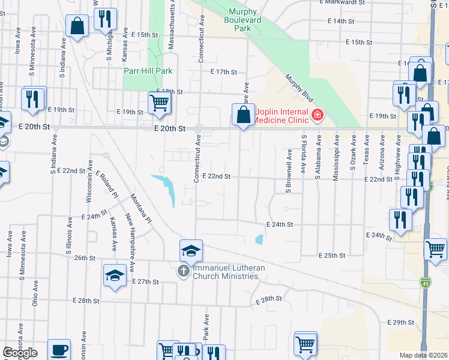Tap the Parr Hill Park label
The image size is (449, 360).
click(x=148, y=71)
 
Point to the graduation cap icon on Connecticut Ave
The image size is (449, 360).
click(x=191, y=250)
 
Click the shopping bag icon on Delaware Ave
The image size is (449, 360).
click(x=243, y=113)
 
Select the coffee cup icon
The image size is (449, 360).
click(x=59, y=349)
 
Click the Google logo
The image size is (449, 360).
click(x=19, y=353)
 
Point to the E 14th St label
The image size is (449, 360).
click(x=341, y=21)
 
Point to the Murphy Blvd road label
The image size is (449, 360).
click(x=300, y=88)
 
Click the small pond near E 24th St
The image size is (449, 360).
click(x=259, y=240)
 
